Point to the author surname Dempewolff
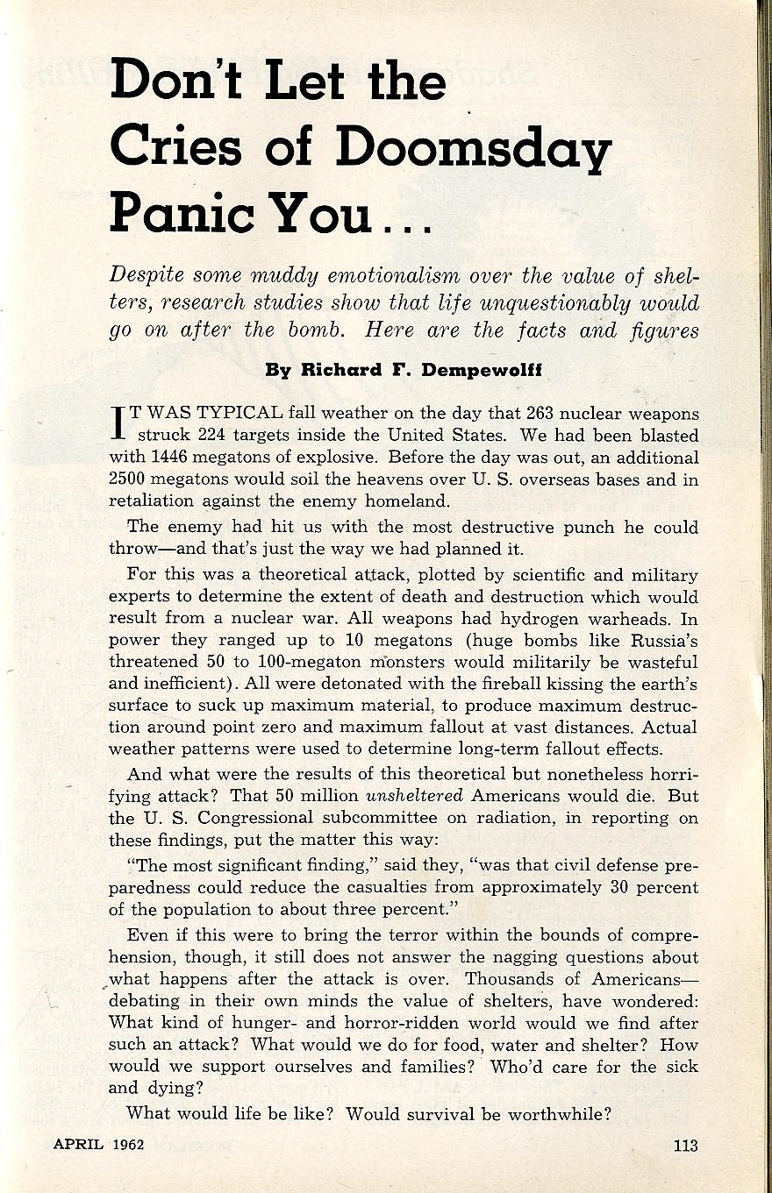coord(484,370)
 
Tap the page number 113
coord(685,1145)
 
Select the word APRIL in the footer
coord(76,1145)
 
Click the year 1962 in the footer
coord(127,1145)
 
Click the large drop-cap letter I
coord(117,423)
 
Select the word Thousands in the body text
coord(510,979)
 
